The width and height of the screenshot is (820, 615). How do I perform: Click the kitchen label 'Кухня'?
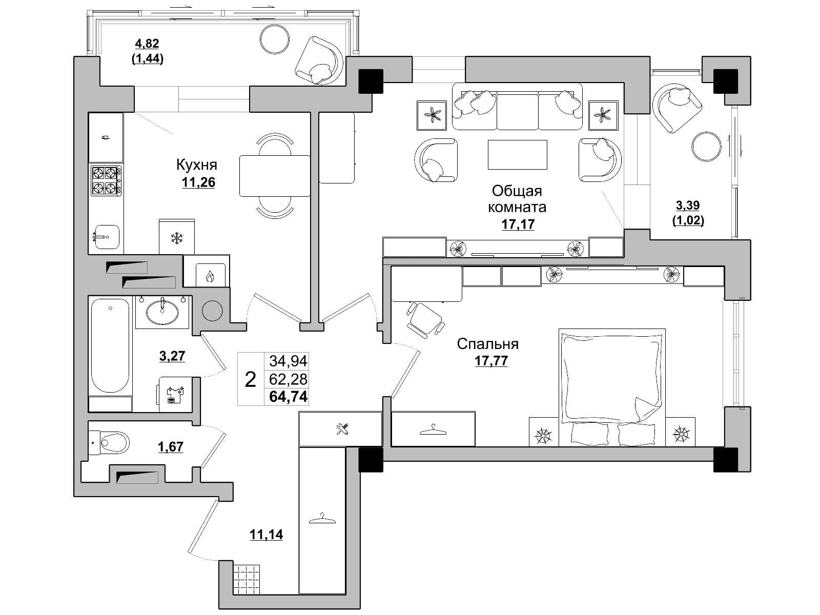point(196,165)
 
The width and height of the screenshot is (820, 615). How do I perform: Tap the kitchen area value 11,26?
point(198,182)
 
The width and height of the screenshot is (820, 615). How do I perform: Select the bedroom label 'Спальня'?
point(487,344)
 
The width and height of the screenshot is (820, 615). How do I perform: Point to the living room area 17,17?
point(518,224)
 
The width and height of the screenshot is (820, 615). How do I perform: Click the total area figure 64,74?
point(288,396)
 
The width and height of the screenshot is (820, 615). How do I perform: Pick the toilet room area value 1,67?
point(171,446)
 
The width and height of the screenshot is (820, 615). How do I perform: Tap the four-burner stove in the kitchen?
point(106,181)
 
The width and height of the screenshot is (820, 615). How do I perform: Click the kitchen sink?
point(106,237)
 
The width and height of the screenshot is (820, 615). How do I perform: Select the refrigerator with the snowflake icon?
point(177,237)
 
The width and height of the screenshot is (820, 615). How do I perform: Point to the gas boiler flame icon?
point(210,277)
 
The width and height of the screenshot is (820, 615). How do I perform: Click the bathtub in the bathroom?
point(110,345)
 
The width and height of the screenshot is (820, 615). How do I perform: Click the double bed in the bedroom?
point(612,387)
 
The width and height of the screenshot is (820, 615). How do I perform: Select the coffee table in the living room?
point(518,155)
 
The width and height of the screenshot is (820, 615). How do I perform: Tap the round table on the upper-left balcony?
point(275,39)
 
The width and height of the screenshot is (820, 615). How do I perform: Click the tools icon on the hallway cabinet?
point(342,429)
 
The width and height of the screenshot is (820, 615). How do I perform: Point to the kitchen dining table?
point(275,176)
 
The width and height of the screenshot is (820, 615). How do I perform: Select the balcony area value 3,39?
point(688,205)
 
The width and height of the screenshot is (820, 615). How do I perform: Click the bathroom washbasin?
point(162,312)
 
